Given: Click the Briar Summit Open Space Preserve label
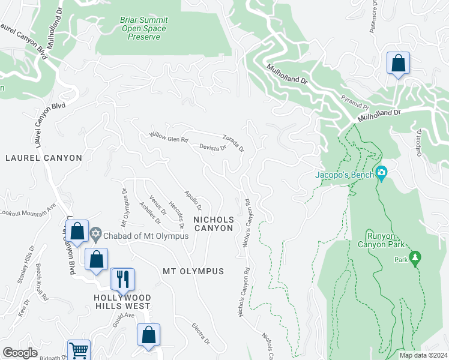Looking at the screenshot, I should [144, 28].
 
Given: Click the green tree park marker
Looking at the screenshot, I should [415, 258].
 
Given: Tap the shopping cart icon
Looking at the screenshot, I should [79, 350].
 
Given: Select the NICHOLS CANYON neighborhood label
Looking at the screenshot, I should [213, 224].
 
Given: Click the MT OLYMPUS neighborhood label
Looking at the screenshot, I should [193, 271].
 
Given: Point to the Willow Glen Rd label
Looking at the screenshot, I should [169, 137].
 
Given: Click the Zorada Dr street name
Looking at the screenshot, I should [233, 142].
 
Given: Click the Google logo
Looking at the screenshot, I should [20, 353].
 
